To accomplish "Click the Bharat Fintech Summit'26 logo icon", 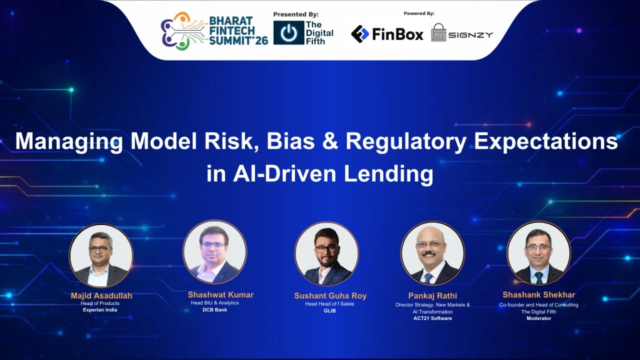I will tap(182, 31).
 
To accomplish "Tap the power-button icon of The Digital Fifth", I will tap(289, 33).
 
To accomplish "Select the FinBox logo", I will tap(387, 34).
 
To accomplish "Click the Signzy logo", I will tap(462, 33).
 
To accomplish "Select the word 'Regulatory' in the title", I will tap(405, 142).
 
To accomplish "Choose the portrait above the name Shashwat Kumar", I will tap(214, 252).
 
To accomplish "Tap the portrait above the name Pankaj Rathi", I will tap(432, 253).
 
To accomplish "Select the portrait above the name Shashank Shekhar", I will tap(538, 252).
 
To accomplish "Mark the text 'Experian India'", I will tap(101, 310).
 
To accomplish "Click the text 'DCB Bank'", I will tap(214, 310).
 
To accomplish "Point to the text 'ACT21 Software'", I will tap(432, 318).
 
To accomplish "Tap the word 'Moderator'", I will tap(538, 318).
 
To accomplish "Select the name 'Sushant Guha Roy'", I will tap(330, 296).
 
